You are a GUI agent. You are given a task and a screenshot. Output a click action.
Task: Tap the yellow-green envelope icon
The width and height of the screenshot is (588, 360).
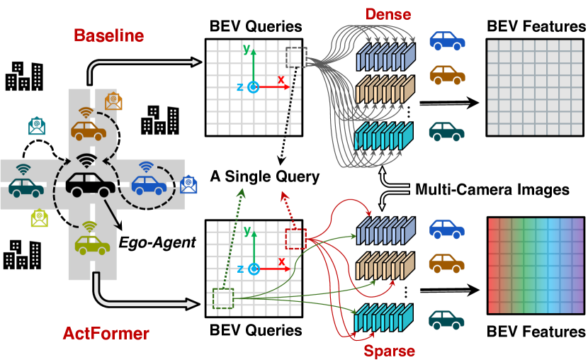point(40,217)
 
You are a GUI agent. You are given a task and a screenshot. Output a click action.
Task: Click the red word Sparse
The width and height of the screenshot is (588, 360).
point(389,350)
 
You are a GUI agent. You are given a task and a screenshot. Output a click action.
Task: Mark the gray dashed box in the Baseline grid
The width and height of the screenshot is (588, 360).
point(295,55)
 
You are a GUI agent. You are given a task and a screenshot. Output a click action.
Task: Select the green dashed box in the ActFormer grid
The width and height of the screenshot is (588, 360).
point(222,298)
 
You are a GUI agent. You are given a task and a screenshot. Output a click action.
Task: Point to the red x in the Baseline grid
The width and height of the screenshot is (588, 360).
point(281,79)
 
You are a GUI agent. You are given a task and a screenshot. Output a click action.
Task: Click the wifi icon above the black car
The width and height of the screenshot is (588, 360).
point(88,159)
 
